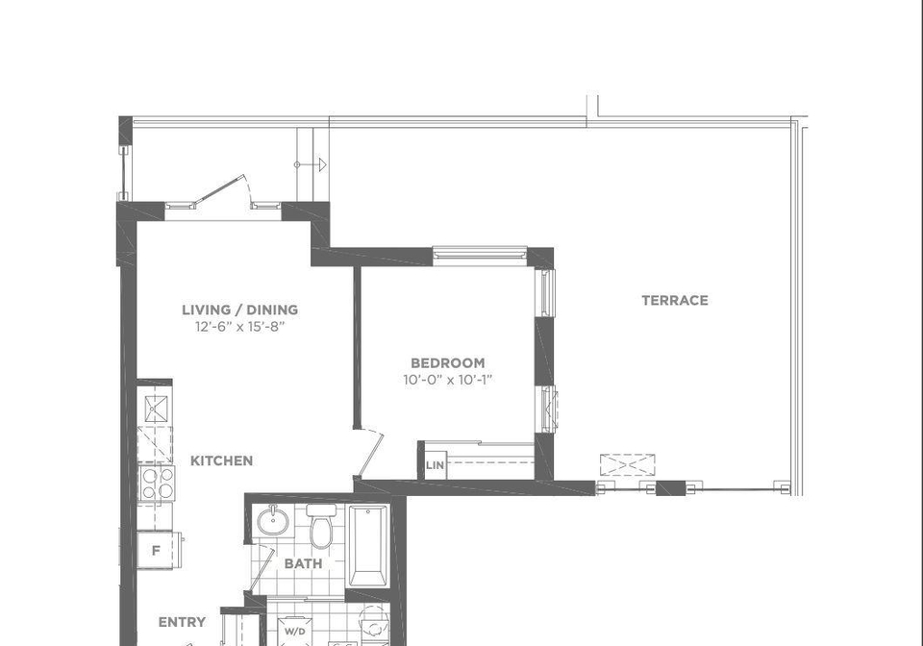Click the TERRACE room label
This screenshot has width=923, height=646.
[x=675, y=301]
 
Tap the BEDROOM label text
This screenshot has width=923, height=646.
[x=448, y=363]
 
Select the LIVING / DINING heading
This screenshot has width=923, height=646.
[x=239, y=311]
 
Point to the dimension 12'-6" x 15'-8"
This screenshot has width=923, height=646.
[x=240, y=327]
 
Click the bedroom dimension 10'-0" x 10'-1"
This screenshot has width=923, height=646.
[x=448, y=380]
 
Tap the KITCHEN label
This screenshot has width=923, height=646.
[x=221, y=460]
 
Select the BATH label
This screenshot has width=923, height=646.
[x=303, y=563]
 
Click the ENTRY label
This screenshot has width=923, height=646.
[x=183, y=622]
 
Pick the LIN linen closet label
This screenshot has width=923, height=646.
[x=435, y=465]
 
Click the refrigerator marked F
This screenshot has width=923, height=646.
[x=156, y=550]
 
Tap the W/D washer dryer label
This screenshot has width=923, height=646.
[x=295, y=632]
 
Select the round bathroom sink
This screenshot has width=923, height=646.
[x=273, y=520]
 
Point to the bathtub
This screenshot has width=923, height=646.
[x=368, y=546]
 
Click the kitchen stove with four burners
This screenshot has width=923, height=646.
[x=157, y=483]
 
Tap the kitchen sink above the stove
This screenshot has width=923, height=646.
[x=156, y=409]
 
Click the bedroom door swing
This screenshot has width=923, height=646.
[x=371, y=454]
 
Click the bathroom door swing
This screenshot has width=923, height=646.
[x=262, y=569]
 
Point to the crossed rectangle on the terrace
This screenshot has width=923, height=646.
[x=628, y=464]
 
